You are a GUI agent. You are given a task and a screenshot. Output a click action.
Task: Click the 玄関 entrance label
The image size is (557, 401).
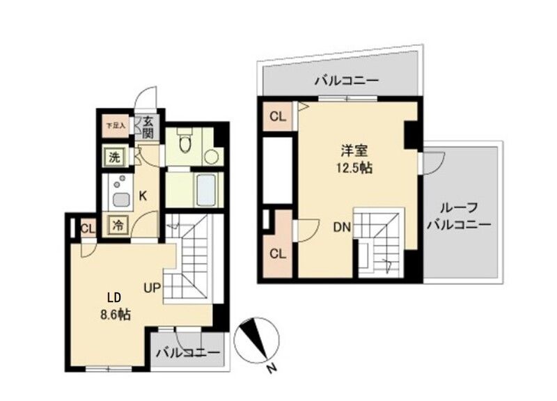coord(150,127)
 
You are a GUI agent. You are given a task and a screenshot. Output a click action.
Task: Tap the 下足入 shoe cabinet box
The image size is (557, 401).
coord(115,126)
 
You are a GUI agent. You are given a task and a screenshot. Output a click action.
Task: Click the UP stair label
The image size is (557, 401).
coord(153,286)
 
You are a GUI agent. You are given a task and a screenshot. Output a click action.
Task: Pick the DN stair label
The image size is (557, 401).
coord(341,226)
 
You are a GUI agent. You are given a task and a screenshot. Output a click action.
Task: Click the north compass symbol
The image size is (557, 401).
coord(256,339)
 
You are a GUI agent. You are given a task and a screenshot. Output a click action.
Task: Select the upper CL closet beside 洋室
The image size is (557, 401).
coord(278,116)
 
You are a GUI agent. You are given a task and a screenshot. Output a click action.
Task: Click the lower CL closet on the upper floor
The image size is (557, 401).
coord(278,253)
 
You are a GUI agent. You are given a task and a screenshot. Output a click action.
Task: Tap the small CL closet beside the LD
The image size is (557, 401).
coord(88,228)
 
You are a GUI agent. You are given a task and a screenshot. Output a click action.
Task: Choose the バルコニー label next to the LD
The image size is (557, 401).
coord(187,352)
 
